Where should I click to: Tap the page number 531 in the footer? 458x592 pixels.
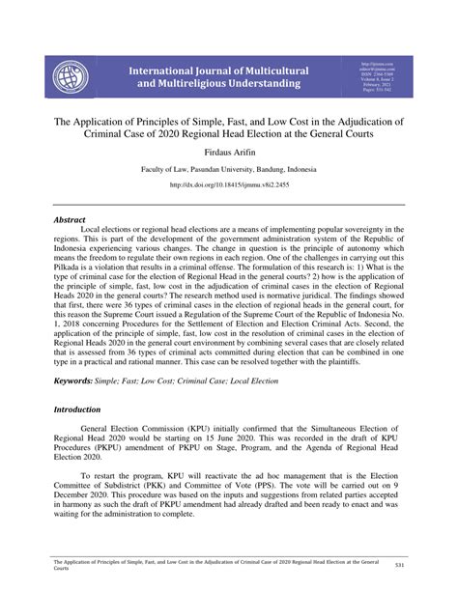(413, 565)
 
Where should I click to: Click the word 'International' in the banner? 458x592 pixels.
(167, 70)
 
